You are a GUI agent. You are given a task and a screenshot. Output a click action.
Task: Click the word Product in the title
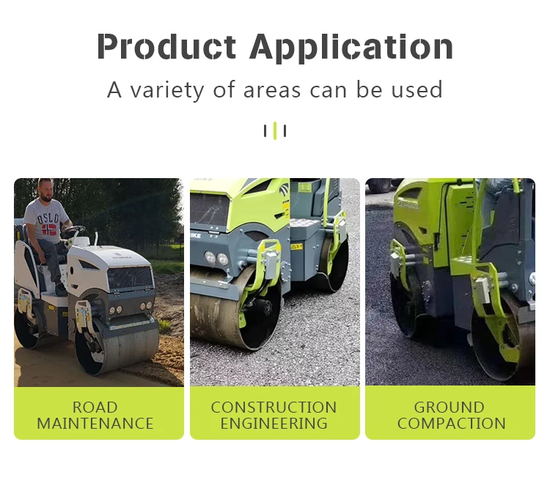(168, 46)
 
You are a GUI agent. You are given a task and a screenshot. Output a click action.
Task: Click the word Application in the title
(351, 48)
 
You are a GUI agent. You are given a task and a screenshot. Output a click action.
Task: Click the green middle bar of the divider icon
(275, 131)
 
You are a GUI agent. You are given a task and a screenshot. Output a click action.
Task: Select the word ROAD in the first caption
(95, 407)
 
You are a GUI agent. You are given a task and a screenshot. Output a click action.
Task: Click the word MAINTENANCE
(95, 424)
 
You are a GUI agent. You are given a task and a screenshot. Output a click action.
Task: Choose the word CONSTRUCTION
(274, 407)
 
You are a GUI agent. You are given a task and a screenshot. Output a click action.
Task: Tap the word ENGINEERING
(274, 424)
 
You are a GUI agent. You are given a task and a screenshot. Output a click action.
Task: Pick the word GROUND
(450, 407)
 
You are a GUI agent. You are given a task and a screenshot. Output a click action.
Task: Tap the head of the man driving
(46, 190)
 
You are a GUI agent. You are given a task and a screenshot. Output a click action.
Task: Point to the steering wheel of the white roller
(73, 231)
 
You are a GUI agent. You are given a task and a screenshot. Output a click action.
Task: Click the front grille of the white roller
(131, 278)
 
